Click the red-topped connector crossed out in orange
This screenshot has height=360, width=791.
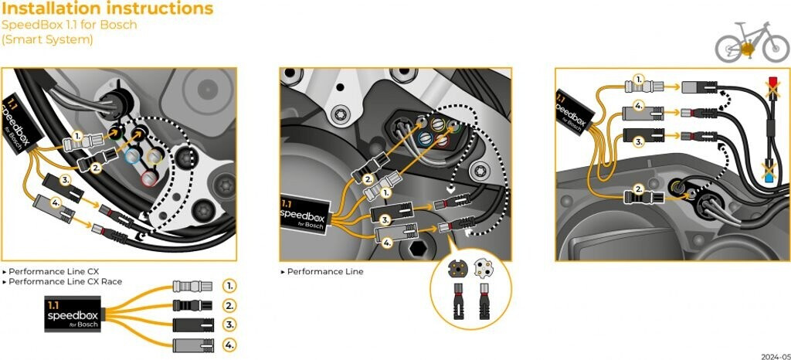(772, 82)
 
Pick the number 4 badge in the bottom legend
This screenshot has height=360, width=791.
(229, 345)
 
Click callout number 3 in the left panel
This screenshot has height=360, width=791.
(66, 180)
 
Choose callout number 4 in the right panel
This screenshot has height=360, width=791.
(639, 105)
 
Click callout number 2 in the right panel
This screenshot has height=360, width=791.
(639, 188)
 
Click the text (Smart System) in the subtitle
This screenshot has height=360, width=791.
(47, 39)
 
